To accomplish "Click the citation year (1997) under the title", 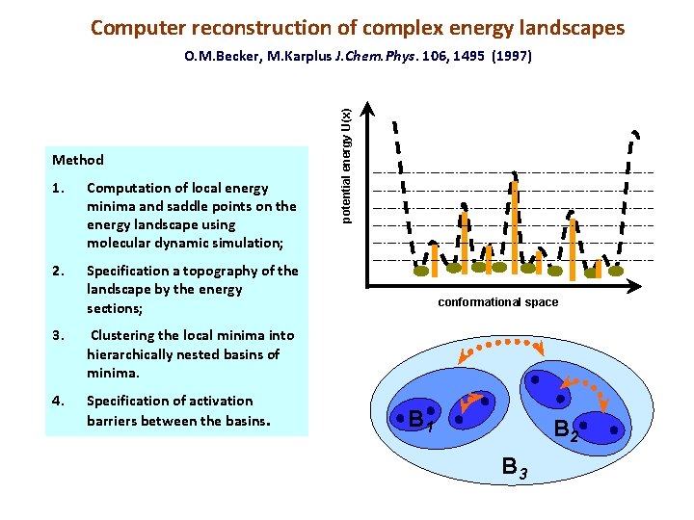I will click(511, 57).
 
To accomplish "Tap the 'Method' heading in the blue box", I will click(78, 160).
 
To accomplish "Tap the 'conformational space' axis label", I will click(497, 302).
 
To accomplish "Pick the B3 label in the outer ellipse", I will click(515, 469).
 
